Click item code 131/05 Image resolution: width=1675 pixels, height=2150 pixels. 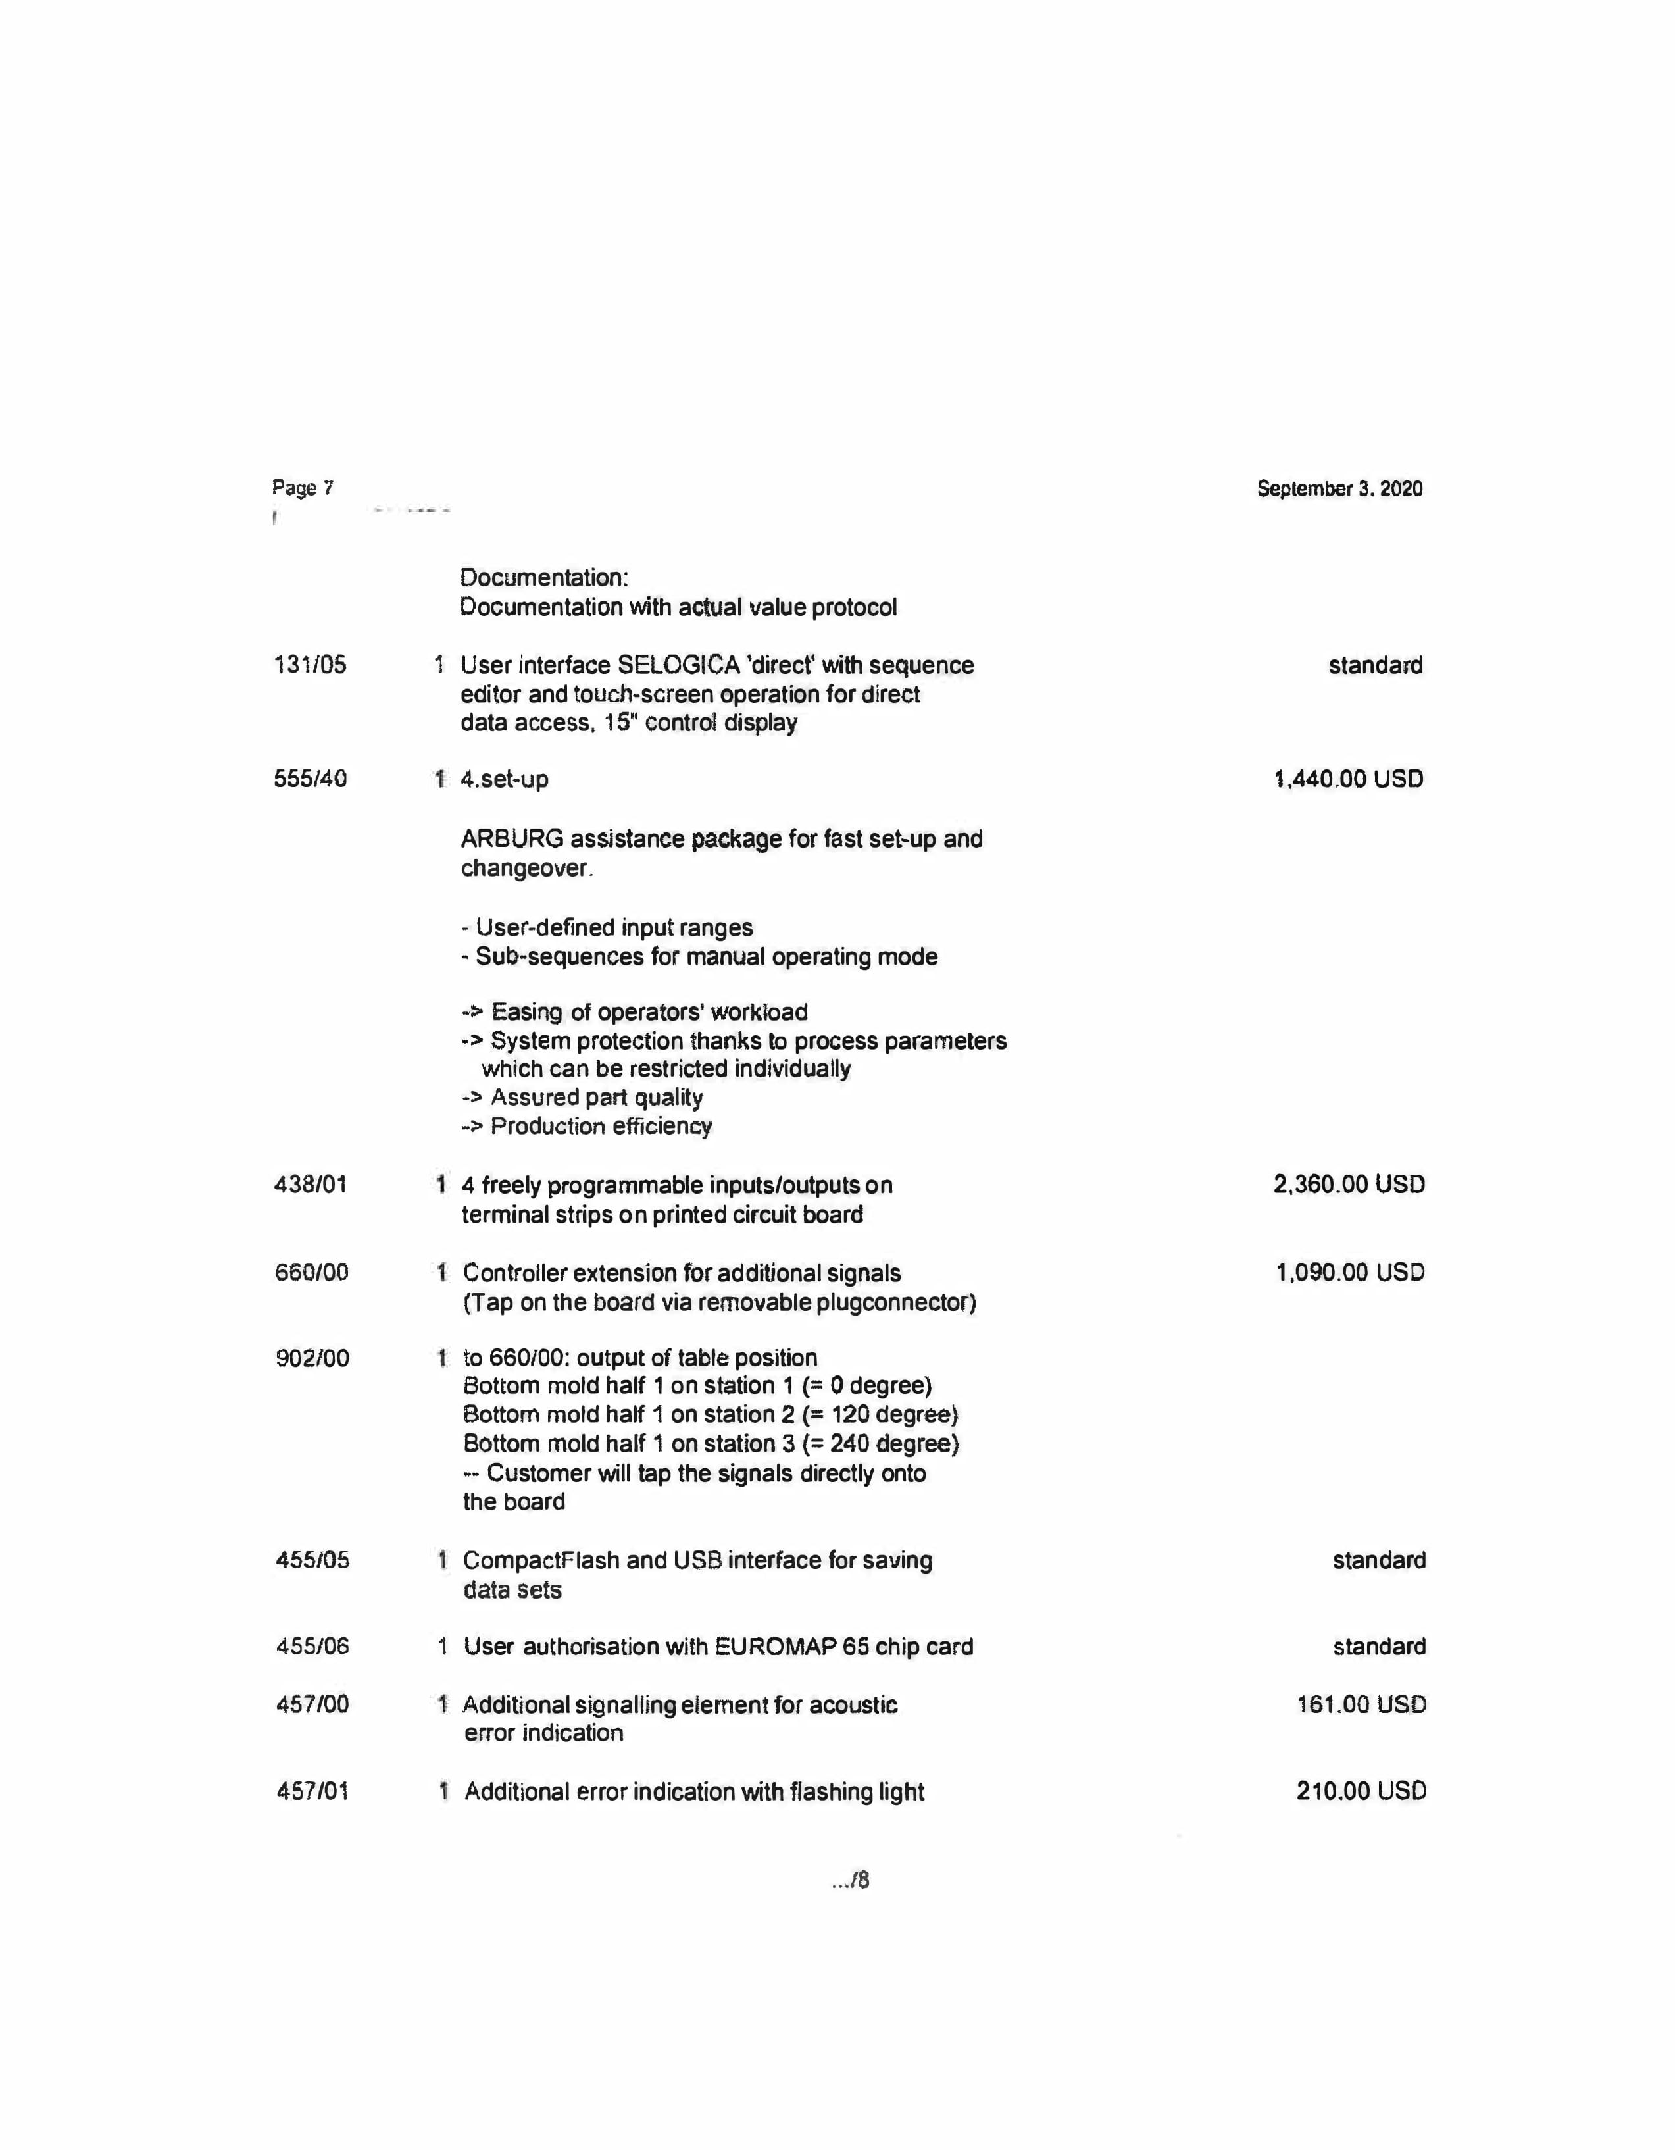(x=310, y=665)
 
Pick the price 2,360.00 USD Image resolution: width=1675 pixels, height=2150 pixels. (x=1348, y=1185)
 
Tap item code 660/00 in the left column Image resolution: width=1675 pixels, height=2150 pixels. (x=311, y=1272)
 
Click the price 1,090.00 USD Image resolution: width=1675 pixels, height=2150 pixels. (x=1350, y=1272)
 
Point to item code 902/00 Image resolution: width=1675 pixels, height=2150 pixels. (x=312, y=1358)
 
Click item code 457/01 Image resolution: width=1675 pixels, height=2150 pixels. (x=312, y=1791)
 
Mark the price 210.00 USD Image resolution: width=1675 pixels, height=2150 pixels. (x=1361, y=1791)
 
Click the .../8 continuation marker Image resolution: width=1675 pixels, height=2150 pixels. (x=850, y=1880)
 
